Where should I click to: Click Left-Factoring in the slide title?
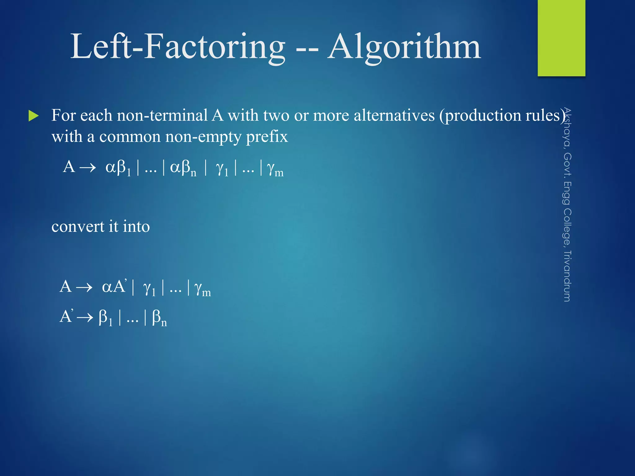[x=178, y=47]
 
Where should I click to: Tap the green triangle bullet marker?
[x=33, y=116]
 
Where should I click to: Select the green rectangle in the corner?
[x=561, y=38]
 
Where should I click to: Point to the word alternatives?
[x=394, y=115]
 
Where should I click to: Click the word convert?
[x=78, y=227]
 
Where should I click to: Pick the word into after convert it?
[x=136, y=227]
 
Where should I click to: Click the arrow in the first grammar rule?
[x=88, y=168]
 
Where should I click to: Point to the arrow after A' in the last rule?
[x=85, y=317]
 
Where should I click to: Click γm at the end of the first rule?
[x=275, y=169]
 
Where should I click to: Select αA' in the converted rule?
[x=114, y=286]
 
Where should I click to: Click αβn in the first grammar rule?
[x=183, y=168]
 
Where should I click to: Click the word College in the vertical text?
[x=567, y=227]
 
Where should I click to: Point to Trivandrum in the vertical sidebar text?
[x=567, y=276]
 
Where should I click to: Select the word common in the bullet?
[x=129, y=137]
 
